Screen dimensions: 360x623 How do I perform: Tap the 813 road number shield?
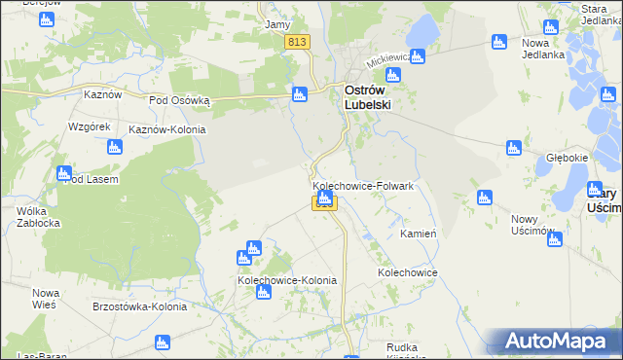[x=298, y=42]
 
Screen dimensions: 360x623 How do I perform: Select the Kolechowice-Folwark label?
[x=364, y=186]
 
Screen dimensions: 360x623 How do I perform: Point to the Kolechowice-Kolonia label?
[x=287, y=280]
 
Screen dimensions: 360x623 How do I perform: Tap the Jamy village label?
[x=277, y=24]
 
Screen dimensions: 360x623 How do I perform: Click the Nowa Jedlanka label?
[x=543, y=49]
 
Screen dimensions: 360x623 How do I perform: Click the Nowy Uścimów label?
[x=532, y=225]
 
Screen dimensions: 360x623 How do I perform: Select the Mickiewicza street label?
[x=388, y=60]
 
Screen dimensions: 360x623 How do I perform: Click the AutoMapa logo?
[x=559, y=341]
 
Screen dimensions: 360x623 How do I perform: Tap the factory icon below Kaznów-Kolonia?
[x=115, y=147]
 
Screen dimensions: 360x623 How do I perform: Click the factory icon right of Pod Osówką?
[x=300, y=93]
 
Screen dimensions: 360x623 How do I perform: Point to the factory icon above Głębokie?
[x=514, y=148]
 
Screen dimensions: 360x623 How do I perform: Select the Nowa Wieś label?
[x=46, y=299]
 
